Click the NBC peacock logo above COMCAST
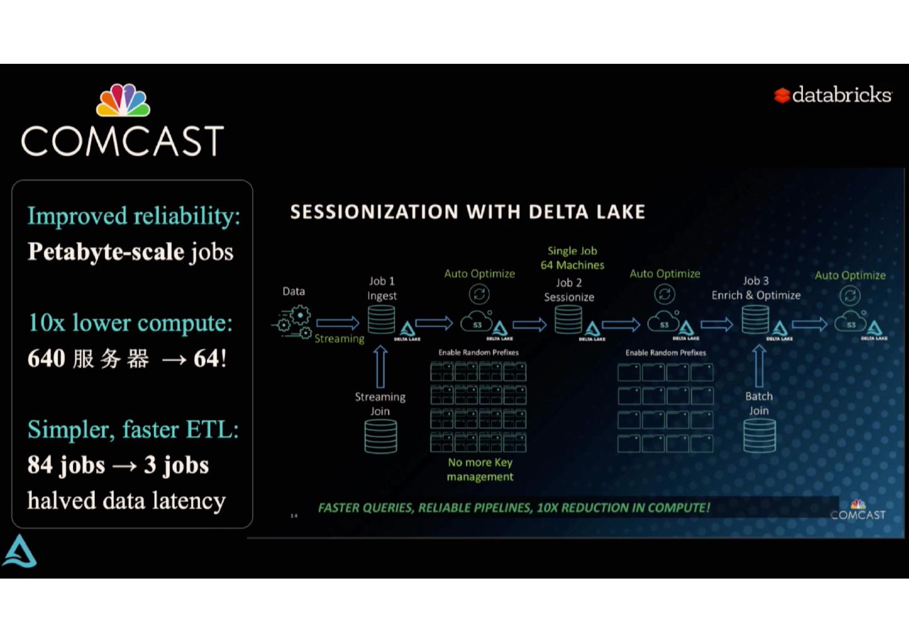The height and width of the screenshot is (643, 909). pyautogui.click(x=123, y=100)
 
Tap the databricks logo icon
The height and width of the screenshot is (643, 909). pyautogui.click(x=782, y=95)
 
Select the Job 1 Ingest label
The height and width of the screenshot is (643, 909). pyautogui.click(x=382, y=288)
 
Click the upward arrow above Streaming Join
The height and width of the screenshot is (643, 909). pyautogui.click(x=380, y=366)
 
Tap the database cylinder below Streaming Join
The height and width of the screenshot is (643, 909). pyautogui.click(x=381, y=436)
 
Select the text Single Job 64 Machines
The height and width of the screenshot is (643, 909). pyautogui.click(x=573, y=258)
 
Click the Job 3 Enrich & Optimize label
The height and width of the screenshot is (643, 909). pyautogui.click(x=756, y=288)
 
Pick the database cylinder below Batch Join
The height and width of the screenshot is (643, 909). pyautogui.click(x=759, y=436)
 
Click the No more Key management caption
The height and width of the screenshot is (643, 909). pyautogui.click(x=480, y=469)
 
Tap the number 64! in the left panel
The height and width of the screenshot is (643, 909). pyautogui.click(x=210, y=359)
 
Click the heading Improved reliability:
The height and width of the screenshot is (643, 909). pyautogui.click(x=134, y=216)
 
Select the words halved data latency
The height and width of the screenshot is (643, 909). pyautogui.click(x=126, y=501)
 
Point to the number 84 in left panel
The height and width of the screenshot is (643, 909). pyautogui.click(x=40, y=465)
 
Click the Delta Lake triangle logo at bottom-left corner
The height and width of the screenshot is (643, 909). pyautogui.click(x=20, y=551)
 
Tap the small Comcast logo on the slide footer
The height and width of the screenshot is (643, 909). pyautogui.click(x=858, y=510)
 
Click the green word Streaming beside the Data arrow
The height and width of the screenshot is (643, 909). pyautogui.click(x=340, y=339)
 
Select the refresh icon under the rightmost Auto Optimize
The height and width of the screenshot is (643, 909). pyautogui.click(x=850, y=296)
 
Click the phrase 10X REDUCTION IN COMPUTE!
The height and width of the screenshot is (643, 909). pyautogui.click(x=623, y=508)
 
